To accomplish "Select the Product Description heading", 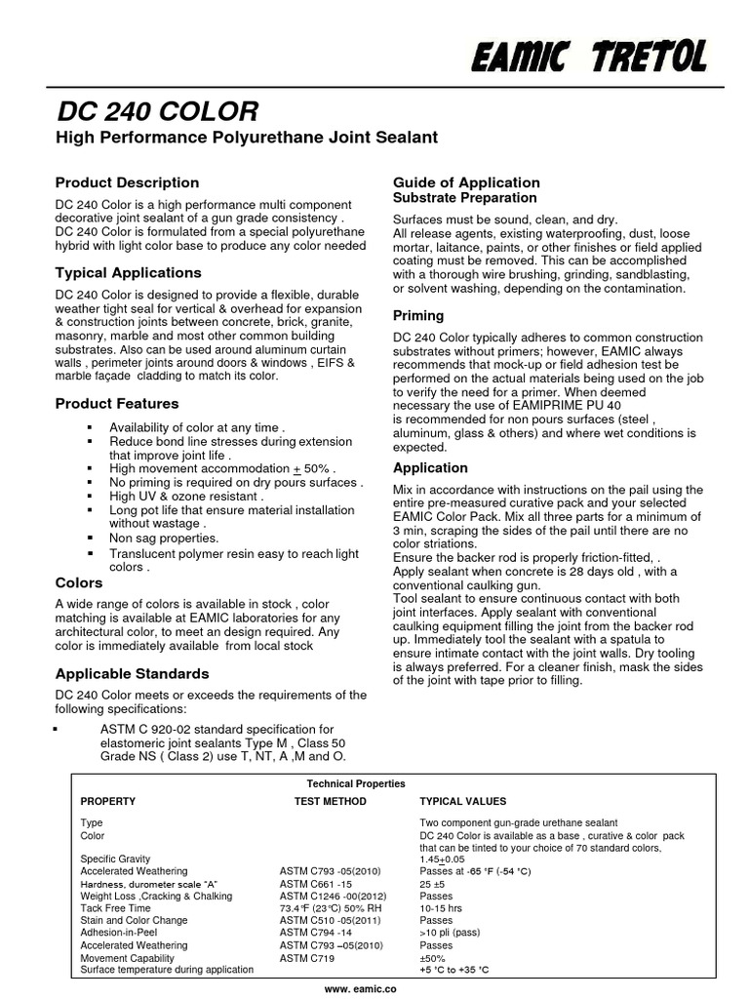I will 127,182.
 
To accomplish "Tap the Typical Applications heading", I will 128,272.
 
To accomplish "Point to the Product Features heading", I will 117,403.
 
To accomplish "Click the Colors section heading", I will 79,582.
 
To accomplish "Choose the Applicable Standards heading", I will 132,673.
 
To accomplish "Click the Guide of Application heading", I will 465,182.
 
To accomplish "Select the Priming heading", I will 417,315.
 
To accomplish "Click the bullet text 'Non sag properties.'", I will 163,538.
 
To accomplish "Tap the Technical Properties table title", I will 356,783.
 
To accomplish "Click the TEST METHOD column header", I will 330,801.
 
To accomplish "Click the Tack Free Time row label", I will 115,907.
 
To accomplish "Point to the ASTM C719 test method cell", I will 306,958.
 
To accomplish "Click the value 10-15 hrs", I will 441,907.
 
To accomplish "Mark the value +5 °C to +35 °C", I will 453,970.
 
